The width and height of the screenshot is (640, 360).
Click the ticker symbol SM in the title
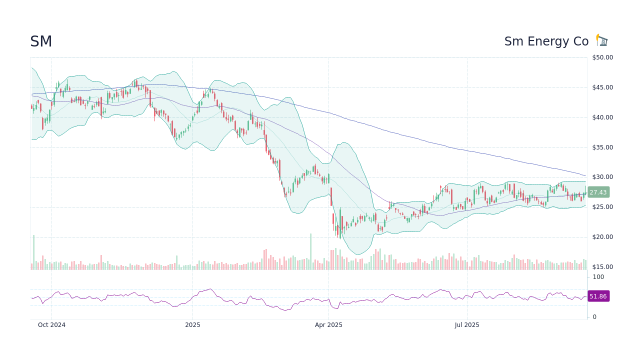(x=41, y=42)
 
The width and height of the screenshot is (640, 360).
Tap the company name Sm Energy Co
(x=546, y=41)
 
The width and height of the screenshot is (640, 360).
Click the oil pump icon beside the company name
(x=601, y=40)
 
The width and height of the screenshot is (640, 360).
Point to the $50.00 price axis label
(x=602, y=57)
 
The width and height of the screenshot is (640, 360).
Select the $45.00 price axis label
(x=602, y=87)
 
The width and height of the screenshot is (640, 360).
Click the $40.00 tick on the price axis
(x=602, y=117)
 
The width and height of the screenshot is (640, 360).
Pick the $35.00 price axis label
(x=602, y=147)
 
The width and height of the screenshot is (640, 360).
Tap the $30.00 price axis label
(x=602, y=177)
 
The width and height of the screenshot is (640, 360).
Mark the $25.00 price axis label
(x=602, y=207)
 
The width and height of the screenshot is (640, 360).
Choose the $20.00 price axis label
(x=602, y=237)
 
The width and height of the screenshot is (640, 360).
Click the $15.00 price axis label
(x=602, y=267)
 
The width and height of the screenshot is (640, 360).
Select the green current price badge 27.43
(x=598, y=192)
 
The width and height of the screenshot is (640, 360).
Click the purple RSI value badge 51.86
(x=598, y=296)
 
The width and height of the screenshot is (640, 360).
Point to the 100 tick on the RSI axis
(x=598, y=277)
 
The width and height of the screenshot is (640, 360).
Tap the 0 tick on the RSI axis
(x=594, y=317)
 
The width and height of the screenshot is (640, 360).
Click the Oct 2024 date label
(x=51, y=325)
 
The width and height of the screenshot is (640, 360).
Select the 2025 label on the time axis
(x=192, y=325)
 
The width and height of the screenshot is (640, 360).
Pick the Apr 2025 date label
(x=328, y=325)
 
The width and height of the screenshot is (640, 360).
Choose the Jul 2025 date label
(x=467, y=325)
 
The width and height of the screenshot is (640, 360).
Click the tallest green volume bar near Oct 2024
(x=34, y=252)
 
